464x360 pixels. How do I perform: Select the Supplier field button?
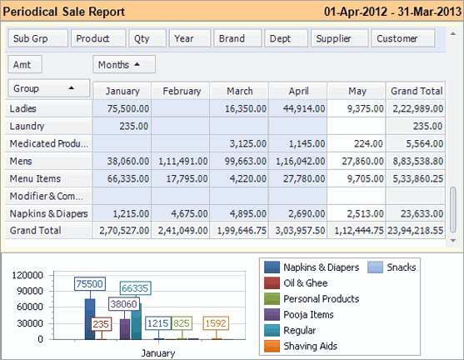point(339,38)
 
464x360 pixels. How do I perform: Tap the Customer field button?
point(403,38)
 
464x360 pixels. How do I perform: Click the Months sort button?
point(124,64)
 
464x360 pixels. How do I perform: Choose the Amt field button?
point(25,64)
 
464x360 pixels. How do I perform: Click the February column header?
point(182,91)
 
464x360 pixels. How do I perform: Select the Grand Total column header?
point(416,91)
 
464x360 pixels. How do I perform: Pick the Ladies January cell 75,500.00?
point(122,108)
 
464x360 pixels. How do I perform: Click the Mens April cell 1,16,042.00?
point(297,160)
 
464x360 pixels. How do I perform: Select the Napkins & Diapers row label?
point(47,212)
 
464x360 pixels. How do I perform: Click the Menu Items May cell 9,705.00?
point(356,177)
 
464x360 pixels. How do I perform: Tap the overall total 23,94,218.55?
point(416,230)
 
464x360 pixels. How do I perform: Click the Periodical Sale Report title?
point(65,12)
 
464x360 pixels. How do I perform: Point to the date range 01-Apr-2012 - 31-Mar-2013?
point(387,12)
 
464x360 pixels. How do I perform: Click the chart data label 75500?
point(89,284)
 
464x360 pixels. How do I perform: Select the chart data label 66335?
point(134,288)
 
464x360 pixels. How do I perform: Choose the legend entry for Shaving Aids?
point(310,346)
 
